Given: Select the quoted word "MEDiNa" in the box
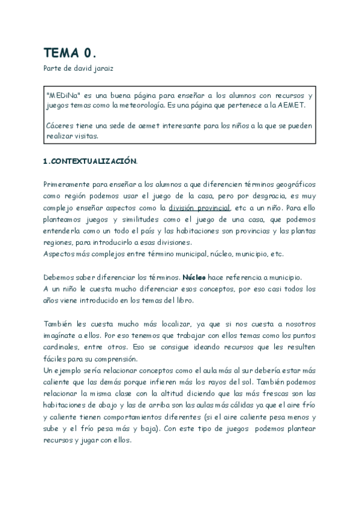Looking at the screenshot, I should coord(62,95).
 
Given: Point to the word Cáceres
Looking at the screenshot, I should coord(60,125).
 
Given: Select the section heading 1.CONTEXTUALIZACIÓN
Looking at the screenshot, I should coord(91,162).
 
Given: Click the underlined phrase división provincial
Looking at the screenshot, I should coord(199,207).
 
